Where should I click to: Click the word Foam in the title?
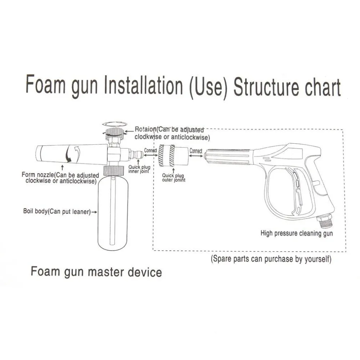tap(45, 84)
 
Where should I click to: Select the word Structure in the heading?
tap(266, 87)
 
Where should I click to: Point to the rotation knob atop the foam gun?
tap(114, 134)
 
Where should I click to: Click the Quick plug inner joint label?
tap(139, 169)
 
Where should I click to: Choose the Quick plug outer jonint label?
tap(174, 178)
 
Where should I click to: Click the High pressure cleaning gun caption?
tap(297, 234)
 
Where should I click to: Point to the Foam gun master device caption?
tap(96, 272)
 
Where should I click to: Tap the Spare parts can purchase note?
tap(271, 259)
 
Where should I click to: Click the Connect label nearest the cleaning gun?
tap(196, 151)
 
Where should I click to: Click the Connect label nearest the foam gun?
tap(150, 150)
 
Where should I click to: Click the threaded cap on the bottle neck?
tap(114, 171)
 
